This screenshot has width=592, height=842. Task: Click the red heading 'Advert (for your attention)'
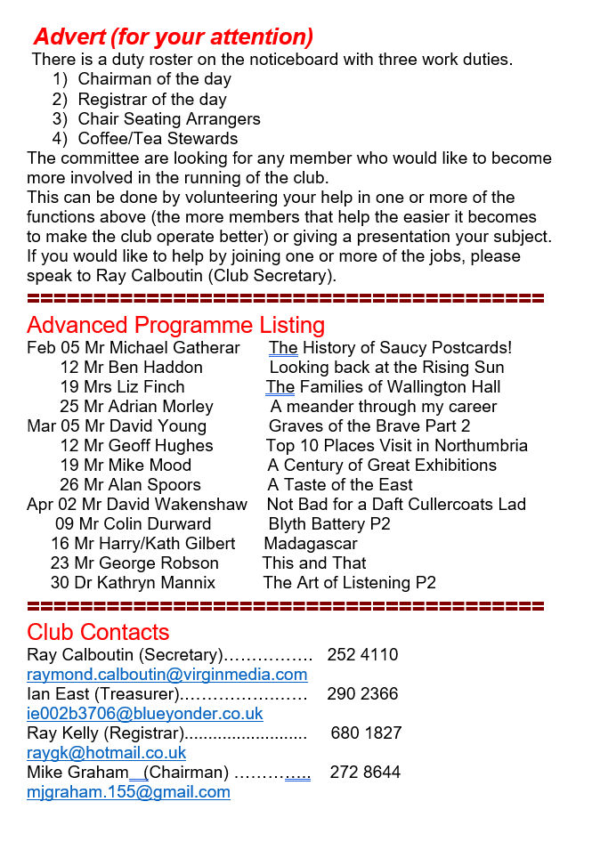tap(173, 37)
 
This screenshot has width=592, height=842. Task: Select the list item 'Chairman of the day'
tap(154, 79)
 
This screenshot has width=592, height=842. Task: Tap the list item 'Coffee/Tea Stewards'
tap(158, 138)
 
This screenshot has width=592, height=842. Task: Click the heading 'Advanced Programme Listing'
tap(175, 325)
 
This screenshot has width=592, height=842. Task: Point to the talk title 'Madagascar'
tap(311, 543)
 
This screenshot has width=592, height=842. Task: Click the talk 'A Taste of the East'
tap(340, 485)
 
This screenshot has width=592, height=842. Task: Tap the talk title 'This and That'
tap(314, 563)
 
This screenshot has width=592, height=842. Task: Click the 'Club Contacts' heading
tap(98, 632)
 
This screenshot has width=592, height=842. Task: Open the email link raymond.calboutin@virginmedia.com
tap(166, 675)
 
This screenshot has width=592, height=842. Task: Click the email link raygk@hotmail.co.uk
tap(106, 753)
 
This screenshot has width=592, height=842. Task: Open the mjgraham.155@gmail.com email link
tap(128, 792)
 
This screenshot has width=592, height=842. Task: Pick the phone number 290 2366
tap(362, 694)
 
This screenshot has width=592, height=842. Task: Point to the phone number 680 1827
tap(366, 733)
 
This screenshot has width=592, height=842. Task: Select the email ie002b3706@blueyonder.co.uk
tap(144, 714)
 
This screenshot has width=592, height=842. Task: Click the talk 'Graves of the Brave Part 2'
tap(369, 426)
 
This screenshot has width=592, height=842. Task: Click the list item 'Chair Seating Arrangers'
tap(169, 118)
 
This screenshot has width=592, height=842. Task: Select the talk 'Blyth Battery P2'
tap(329, 524)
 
